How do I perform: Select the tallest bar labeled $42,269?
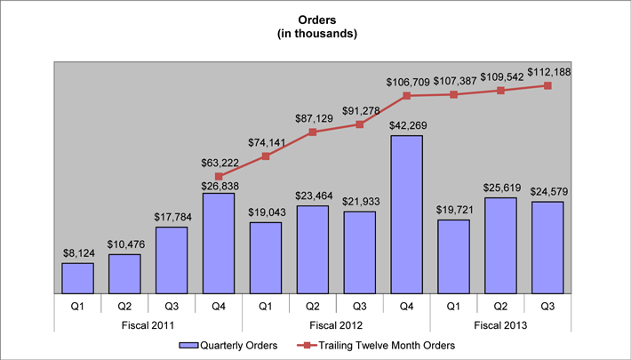click(x=407, y=213)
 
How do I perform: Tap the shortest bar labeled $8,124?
click(x=77, y=277)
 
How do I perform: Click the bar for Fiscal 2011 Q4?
click(x=219, y=243)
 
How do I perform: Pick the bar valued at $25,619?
click(x=501, y=244)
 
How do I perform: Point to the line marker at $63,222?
click(x=219, y=176)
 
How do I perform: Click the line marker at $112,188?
click(x=548, y=85)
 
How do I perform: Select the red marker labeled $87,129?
click(x=313, y=132)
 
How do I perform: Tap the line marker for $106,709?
click(x=407, y=95)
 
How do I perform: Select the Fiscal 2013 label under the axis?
click(x=501, y=325)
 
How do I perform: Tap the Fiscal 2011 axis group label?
click(x=148, y=325)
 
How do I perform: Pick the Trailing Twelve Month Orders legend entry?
click(x=381, y=345)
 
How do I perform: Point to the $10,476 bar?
click(x=124, y=273)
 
